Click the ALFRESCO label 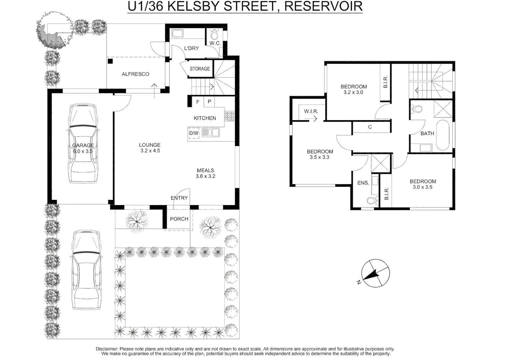pyautogui.click(x=136, y=74)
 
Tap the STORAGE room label pyautogui.click(x=200, y=69)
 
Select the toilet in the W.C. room pyautogui.click(x=214, y=35)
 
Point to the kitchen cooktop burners pyautogui.click(x=230, y=116)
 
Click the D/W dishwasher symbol pyautogui.click(x=194, y=133)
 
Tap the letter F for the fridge pyautogui.click(x=198, y=102)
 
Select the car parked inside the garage pyautogui.click(x=83, y=143)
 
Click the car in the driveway pyautogui.click(x=86, y=270)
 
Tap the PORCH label pyautogui.click(x=179, y=219)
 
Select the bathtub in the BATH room pyautogui.click(x=443, y=135)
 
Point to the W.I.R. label pyautogui.click(x=311, y=111)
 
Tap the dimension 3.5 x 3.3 pyautogui.click(x=319, y=157)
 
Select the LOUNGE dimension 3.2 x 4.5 pyautogui.click(x=150, y=151)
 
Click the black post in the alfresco pyautogui.click(x=110, y=61)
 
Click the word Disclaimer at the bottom pyautogui.click(x=107, y=349)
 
